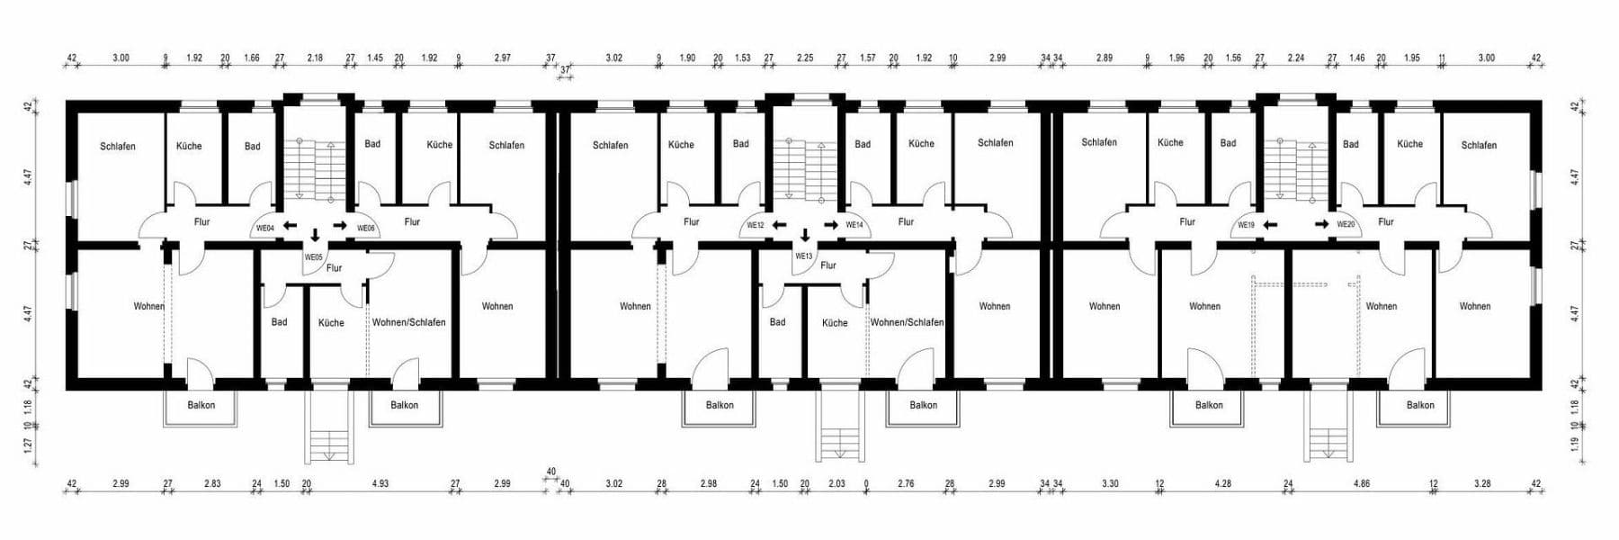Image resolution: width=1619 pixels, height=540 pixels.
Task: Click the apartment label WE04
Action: pyautogui.click(x=265, y=228)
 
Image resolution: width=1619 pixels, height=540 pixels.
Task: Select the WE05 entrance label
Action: pyautogui.click(x=313, y=257)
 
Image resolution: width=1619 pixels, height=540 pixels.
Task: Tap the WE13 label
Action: pyautogui.click(x=803, y=256)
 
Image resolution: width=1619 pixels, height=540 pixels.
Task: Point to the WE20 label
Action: pyautogui.click(x=1346, y=225)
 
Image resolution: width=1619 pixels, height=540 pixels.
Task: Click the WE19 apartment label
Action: pyautogui.click(x=1246, y=225)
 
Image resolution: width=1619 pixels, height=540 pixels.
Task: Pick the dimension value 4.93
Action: pyautogui.click(x=380, y=484)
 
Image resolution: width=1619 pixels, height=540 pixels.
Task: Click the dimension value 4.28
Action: pyautogui.click(x=1222, y=484)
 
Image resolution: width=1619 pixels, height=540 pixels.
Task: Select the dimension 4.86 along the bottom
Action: pyautogui.click(x=1361, y=484)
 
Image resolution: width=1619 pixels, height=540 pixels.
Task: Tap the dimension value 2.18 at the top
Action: pyautogui.click(x=315, y=58)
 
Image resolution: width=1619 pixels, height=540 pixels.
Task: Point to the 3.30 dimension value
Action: pyautogui.click(x=1110, y=484)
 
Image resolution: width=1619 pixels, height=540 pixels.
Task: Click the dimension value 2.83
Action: pyautogui.click(x=211, y=484)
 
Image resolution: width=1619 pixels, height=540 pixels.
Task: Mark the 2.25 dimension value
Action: pyautogui.click(x=805, y=58)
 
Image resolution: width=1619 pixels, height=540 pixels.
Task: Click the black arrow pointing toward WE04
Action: pyautogui.click(x=290, y=225)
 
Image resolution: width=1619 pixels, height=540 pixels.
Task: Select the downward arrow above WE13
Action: pyautogui.click(x=805, y=236)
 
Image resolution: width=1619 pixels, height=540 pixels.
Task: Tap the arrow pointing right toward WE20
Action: pyautogui.click(x=1321, y=224)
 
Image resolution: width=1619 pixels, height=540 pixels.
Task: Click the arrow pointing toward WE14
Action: pyautogui.click(x=830, y=225)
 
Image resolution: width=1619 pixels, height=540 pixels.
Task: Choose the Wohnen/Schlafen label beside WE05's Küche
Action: pyautogui.click(x=408, y=322)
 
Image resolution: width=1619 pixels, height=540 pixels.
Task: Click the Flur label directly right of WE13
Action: pyautogui.click(x=828, y=265)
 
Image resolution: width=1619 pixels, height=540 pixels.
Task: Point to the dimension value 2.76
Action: pyautogui.click(x=906, y=484)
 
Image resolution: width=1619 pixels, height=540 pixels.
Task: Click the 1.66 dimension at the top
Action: pyautogui.click(x=252, y=58)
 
